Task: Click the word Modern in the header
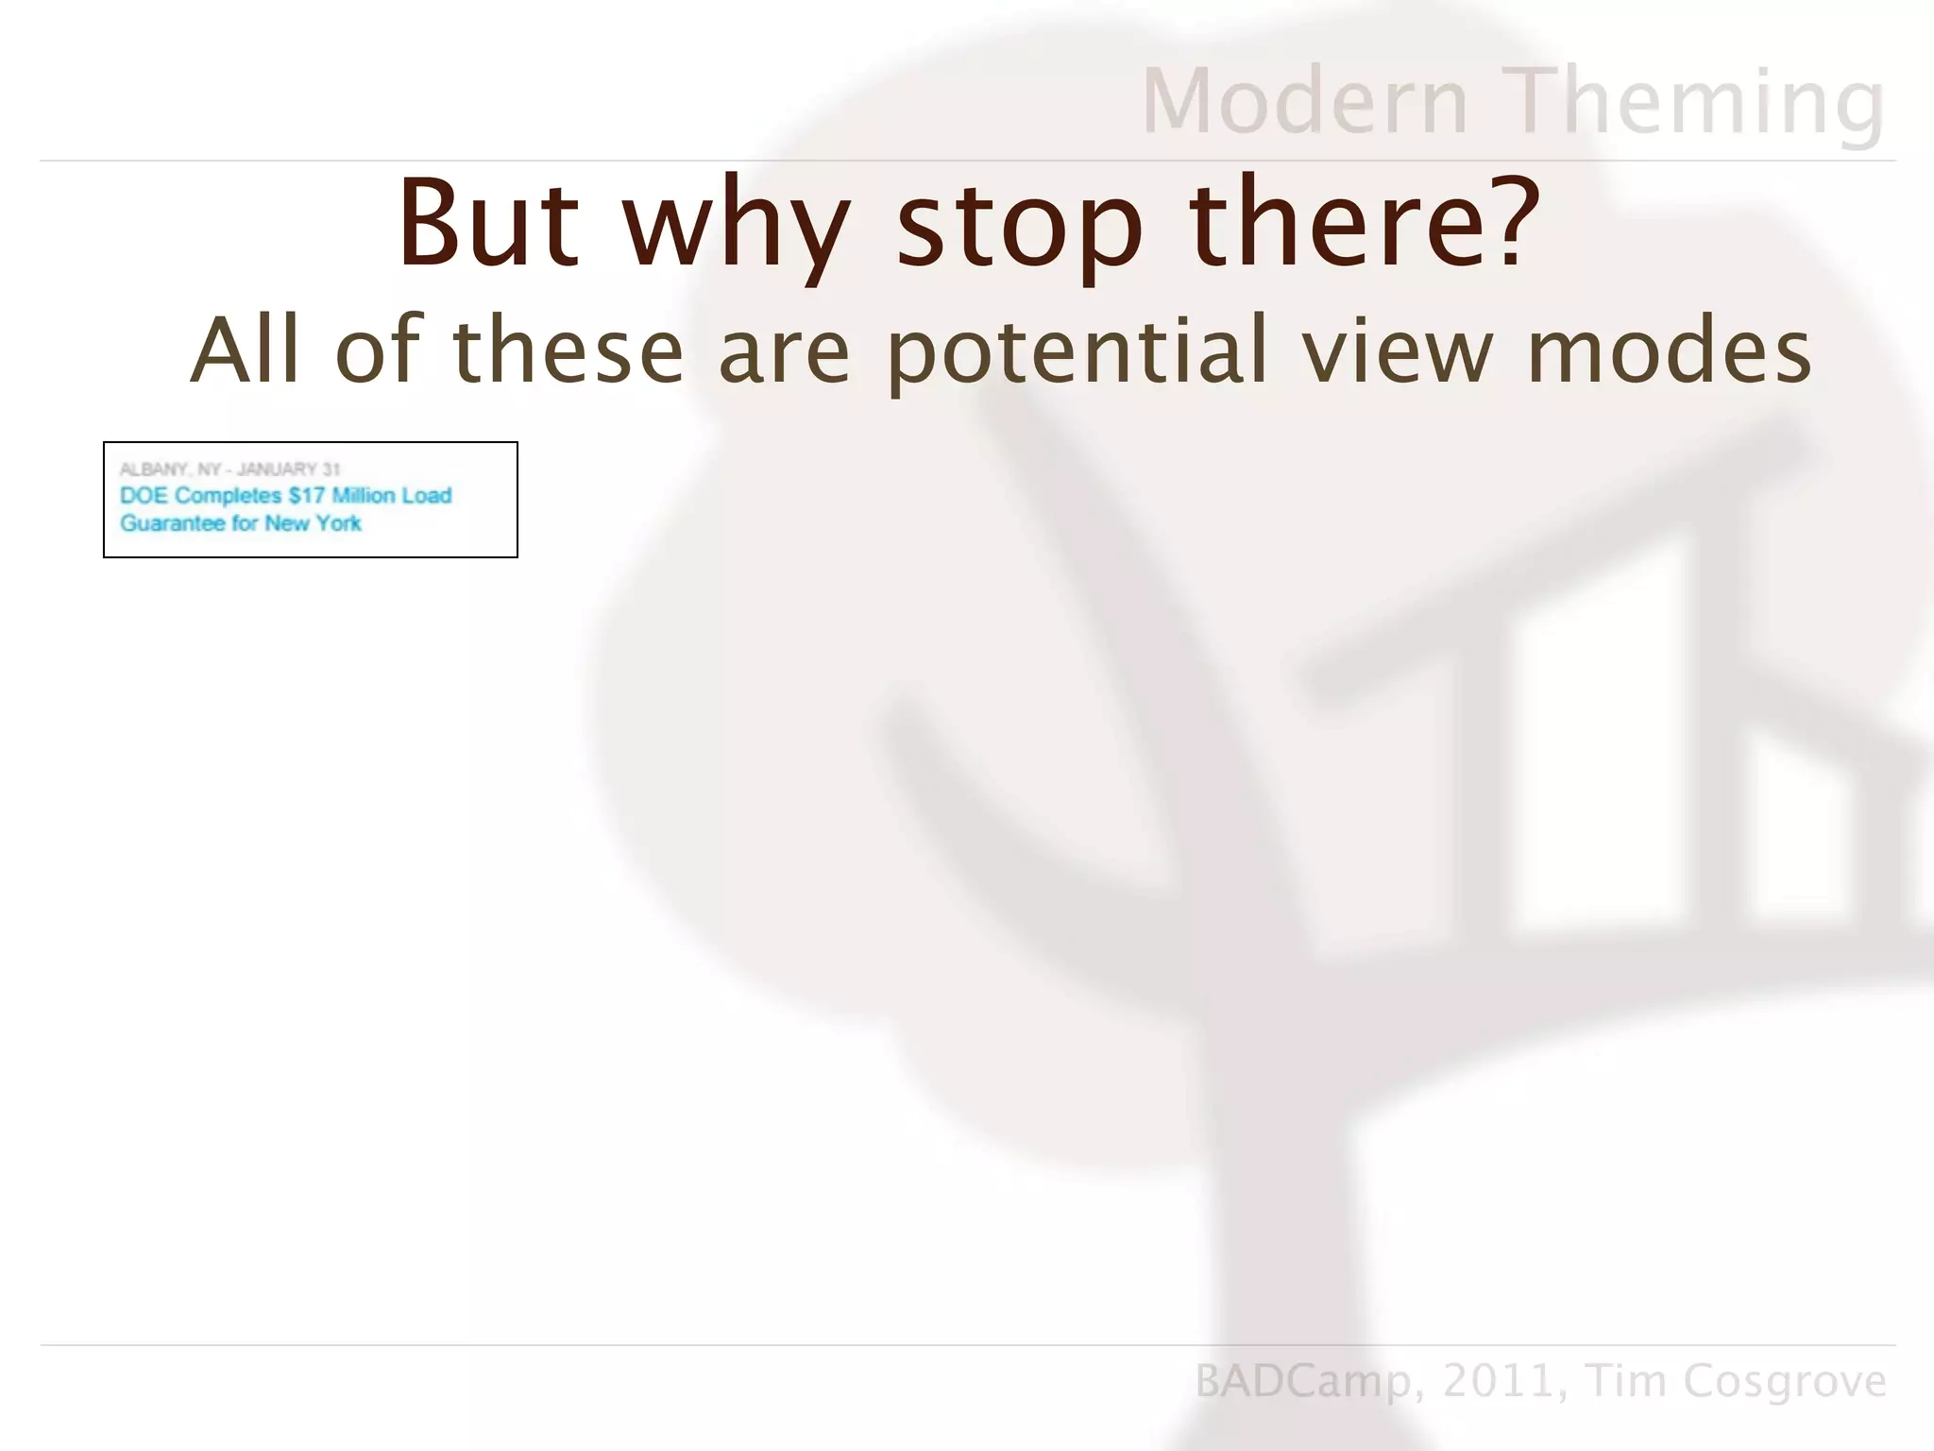[x=1305, y=102]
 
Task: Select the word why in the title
[x=736, y=227]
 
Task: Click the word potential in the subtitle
[x=1077, y=351]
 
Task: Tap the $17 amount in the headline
[x=307, y=496]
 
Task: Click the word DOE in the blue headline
[x=144, y=496]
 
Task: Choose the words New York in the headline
[x=313, y=523]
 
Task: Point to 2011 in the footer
[x=1498, y=1381]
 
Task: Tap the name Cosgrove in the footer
[x=1785, y=1381]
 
